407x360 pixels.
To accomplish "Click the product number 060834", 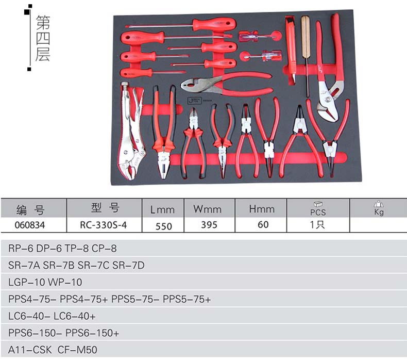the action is click(x=30, y=225).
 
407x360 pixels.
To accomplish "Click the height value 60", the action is click(x=263, y=225).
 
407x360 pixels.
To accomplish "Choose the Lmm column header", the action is click(x=162, y=210).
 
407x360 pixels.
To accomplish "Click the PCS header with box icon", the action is click(x=318, y=208).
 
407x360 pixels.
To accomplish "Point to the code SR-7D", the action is click(x=129, y=265).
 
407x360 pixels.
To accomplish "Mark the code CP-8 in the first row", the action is click(x=105, y=248).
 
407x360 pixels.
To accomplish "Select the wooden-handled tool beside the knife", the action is click(x=306, y=52).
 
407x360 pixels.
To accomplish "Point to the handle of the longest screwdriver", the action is click(x=214, y=25).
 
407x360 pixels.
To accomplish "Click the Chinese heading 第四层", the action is click(x=43, y=39).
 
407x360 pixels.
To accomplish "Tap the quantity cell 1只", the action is click(x=317, y=225).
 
